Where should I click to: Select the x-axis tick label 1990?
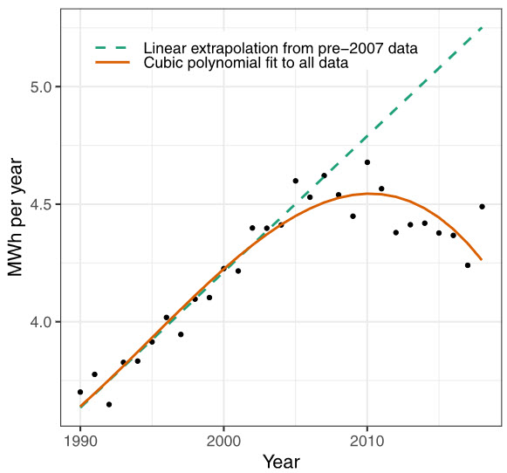[80, 441]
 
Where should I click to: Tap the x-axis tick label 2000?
[223, 441]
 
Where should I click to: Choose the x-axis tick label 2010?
[367, 441]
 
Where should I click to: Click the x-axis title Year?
[281, 461]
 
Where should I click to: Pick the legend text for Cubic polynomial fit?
[247, 63]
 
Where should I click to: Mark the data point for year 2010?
[367, 162]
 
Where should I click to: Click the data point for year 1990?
[80, 392]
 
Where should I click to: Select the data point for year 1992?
[109, 404]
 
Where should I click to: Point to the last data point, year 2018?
[482, 207]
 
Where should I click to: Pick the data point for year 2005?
[295, 181]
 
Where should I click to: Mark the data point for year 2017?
[468, 265]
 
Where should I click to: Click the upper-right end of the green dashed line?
[482, 28]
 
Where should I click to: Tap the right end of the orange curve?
[482, 259]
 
